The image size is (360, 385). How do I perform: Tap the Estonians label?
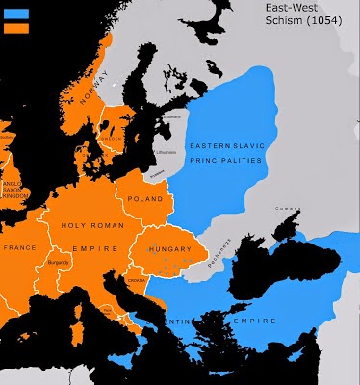(x=171, y=119)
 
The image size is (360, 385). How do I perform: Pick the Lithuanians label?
(x=169, y=152)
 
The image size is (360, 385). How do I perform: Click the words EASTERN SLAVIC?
(x=224, y=145)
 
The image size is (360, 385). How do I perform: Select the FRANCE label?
(x=20, y=247)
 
